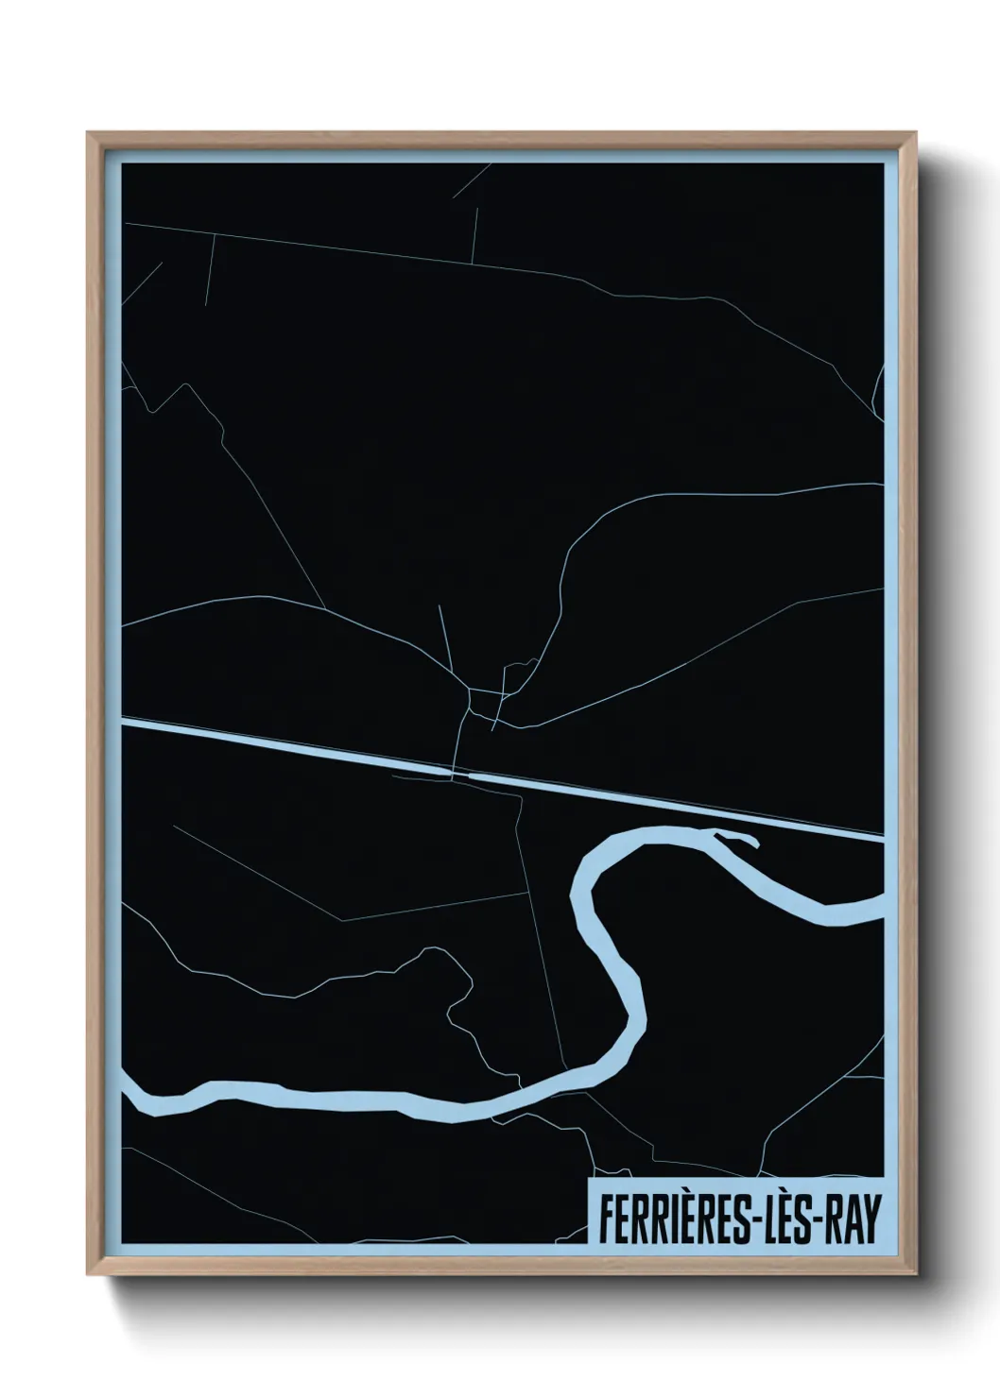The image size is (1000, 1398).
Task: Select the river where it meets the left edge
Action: click(x=129, y=1096)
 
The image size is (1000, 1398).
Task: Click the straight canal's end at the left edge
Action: click(x=126, y=725)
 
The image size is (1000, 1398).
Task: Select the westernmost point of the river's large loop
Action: click(x=578, y=893)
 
